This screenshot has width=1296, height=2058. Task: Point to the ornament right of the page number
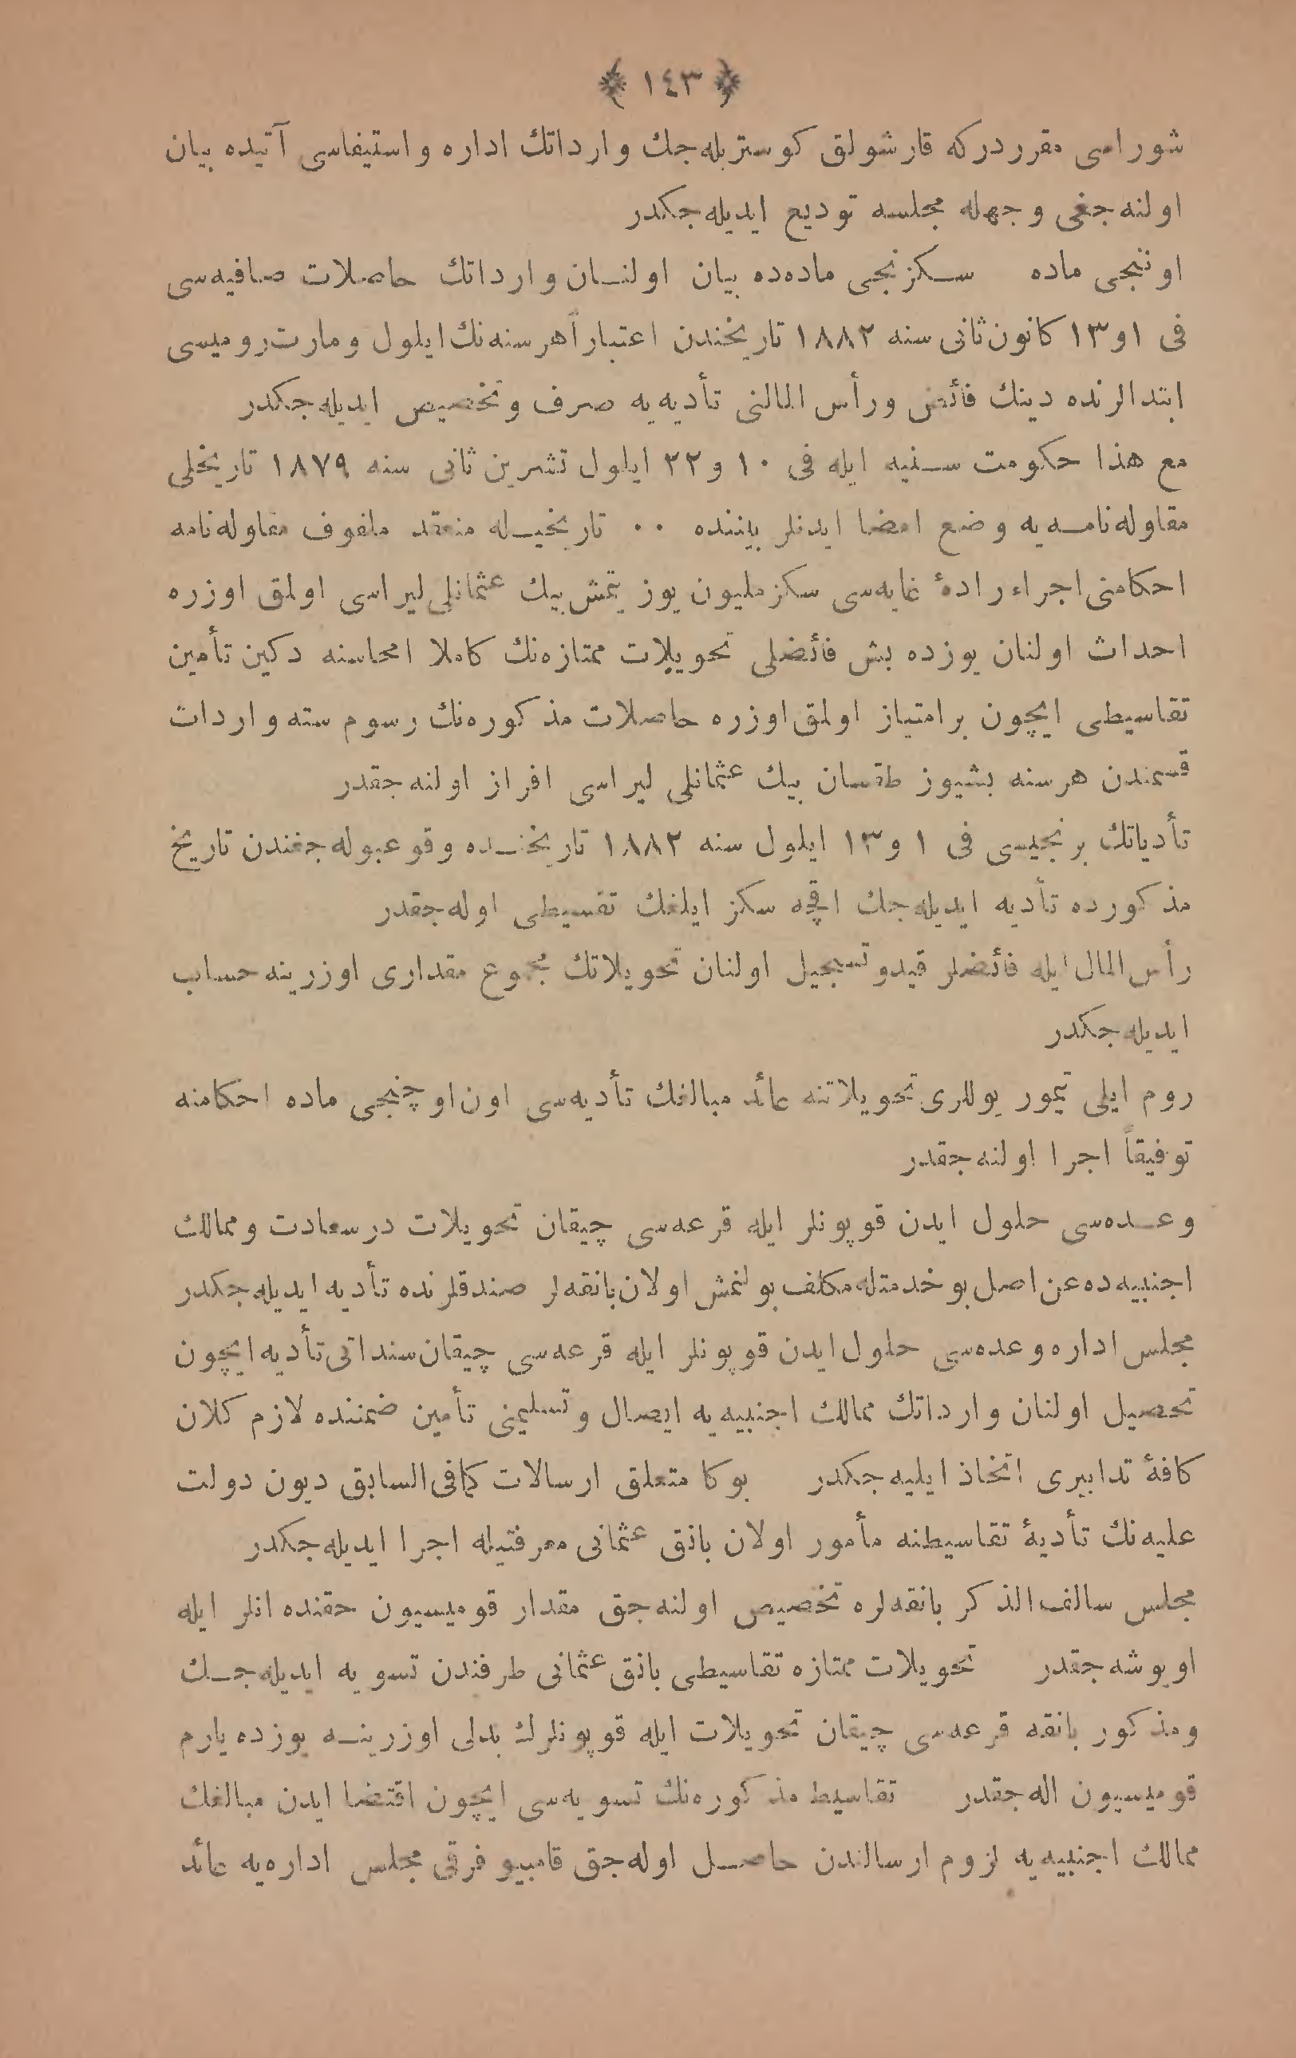click(x=727, y=84)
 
